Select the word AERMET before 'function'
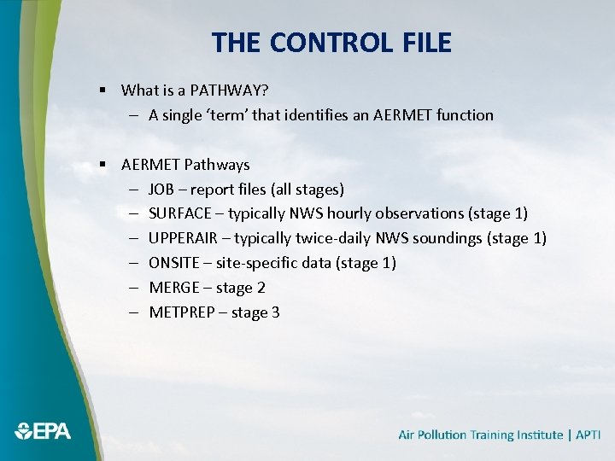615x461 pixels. [x=402, y=114]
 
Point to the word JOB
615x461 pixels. [x=163, y=189]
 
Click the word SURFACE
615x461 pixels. [x=180, y=213]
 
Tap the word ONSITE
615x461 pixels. [x=173, y=263]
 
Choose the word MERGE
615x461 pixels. [x=174, y=288]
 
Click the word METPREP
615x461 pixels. [x=182, y=312]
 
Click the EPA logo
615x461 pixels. [x=43, y=431]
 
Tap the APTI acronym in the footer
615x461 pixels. [x=588, y=435]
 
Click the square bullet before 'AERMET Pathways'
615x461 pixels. [x=102, y=164]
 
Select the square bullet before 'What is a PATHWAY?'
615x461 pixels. [x=102, y=90]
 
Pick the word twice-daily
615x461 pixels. [x=334, y=238]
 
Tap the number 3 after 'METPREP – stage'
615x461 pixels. [x=275, y=312]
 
